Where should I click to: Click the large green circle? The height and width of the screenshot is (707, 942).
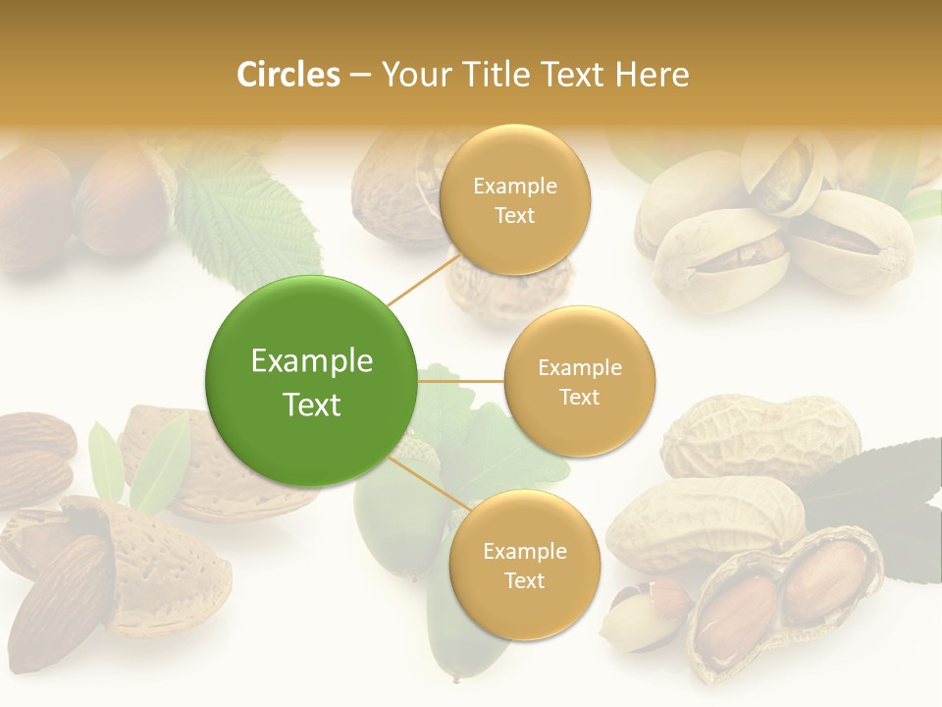pos(311,382)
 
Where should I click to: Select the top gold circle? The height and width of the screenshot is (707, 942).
pos(514,200)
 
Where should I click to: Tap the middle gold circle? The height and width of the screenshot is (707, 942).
pos(579,382)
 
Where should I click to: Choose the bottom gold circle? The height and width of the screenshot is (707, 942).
pos(524,566)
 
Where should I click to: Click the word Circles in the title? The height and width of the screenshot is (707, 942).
pos(288,75)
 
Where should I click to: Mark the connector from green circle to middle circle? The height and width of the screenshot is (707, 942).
pos(460,381)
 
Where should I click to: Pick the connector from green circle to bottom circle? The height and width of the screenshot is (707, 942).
pos(430,485)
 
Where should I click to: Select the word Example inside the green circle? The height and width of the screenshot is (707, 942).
pos(311,361)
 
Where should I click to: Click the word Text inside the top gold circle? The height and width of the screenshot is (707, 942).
pos(514,216)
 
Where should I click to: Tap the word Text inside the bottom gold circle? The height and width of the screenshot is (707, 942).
pos(524,581)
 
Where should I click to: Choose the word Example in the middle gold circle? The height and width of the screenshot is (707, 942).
pos(579,368)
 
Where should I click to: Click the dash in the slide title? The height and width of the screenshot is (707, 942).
pos(360,76)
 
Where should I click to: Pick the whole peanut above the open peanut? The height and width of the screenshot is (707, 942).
pos(760,437)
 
